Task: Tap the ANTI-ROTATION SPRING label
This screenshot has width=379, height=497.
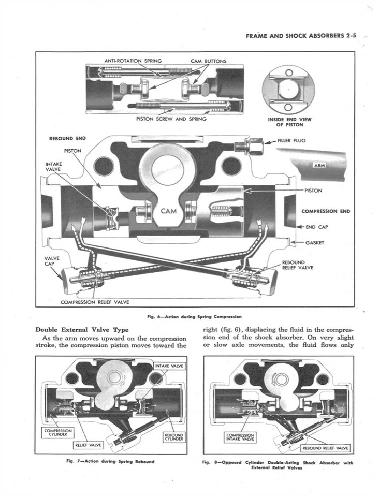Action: point(133,61)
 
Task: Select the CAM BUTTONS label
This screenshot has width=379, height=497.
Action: point(208,61)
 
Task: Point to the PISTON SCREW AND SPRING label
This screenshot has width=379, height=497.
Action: point(171,119)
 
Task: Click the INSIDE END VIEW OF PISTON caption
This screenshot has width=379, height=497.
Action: point(289,122)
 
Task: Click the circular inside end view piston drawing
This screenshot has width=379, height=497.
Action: point(289,89)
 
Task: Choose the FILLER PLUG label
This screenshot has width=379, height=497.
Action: point(293,140)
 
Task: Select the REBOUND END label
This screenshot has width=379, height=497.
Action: point(67,138)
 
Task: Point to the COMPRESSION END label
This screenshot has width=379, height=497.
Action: point(326,211)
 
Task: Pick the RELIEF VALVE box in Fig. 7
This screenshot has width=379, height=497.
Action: point(89,444)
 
